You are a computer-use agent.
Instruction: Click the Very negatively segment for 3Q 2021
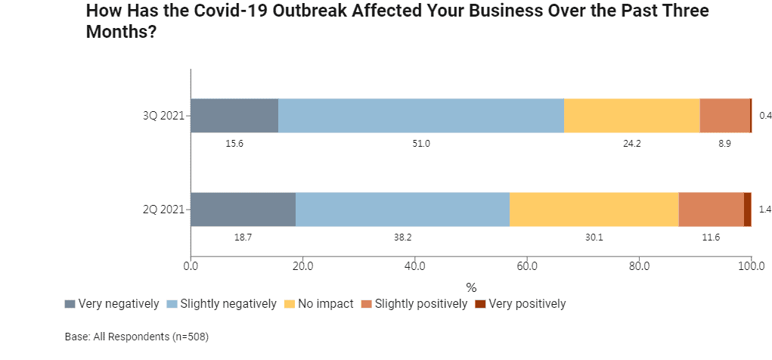[x=234, y=116]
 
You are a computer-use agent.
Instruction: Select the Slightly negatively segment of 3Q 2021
[x=421, y=116]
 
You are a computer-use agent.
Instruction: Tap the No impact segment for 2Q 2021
[x=594, y=209]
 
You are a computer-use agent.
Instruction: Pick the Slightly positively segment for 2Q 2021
[x=711, y=209]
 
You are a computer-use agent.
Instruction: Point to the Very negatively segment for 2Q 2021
[x=243, y=209]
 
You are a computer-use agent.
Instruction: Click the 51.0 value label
[x=421, y=144]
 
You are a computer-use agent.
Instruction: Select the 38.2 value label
[x=402, y=237]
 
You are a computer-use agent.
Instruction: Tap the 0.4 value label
[x=764, y=116]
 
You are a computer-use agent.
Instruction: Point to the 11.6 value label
[x=711, y=237]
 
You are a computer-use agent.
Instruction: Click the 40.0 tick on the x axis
[x=414, y=265]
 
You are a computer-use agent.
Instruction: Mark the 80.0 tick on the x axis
[x=639, y=265]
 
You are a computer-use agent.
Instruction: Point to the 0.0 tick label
[x=191, y=265]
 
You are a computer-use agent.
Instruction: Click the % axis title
[x=471, y=287]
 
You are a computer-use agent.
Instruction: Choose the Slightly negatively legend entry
[x=227, y=304]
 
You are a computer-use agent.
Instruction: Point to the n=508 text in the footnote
[x=188, y=337]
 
